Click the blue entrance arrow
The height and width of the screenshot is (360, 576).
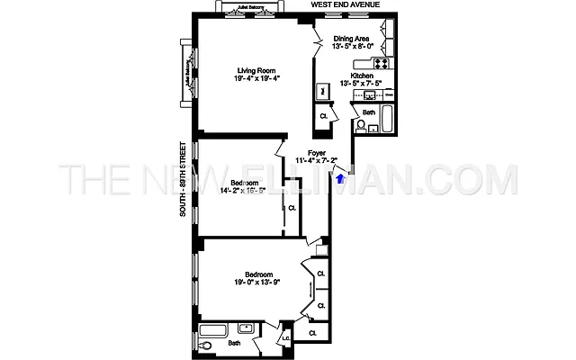(x=339, y=178)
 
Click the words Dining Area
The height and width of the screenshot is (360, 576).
(x=352, y=39)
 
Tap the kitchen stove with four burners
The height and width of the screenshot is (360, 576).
(x=381, y=64)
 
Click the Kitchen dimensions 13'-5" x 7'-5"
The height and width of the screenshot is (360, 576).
(x=360, y=84)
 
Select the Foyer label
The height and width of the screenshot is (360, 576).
(x=316, y=153)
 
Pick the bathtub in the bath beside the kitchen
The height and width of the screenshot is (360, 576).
(x=388, y=120)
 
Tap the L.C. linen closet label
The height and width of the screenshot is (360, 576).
(x=285, y=338)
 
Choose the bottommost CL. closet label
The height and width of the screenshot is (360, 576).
(x=312, y=334)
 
